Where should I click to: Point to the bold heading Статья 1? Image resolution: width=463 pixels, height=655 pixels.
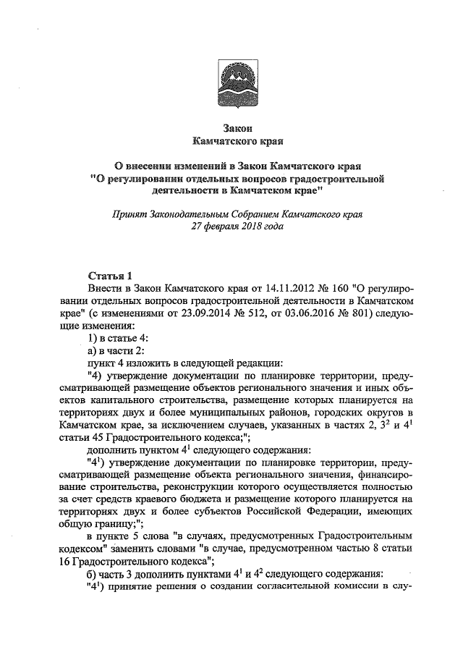click(109, 276)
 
